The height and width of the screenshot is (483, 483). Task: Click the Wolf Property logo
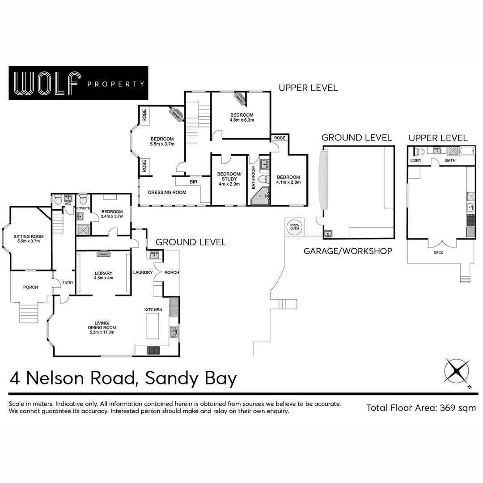[78, 83]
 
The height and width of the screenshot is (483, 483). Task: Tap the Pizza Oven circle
[295, 227]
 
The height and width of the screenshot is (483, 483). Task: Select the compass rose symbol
[457, 371]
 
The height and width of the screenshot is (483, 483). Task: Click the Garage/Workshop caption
[348, 251]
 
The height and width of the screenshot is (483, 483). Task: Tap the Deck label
[438, 253]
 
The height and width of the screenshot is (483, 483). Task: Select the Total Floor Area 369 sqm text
[421, 407]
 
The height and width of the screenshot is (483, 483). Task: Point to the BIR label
[193, 182]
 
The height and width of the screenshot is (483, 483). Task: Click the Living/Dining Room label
[102, 325]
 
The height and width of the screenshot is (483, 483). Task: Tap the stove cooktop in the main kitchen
[153, 351]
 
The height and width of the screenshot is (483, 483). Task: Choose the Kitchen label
[153, 309]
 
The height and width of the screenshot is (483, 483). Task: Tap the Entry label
[68, 282]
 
